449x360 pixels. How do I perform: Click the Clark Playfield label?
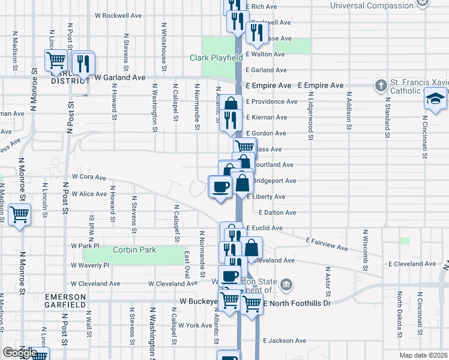click(215, 58)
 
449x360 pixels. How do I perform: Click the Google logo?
click(19, 353)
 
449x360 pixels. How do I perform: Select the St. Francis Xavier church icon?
click(381, 85)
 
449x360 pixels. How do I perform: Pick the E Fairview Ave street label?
click(326, 244)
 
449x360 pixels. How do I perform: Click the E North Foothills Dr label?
click(297, 304)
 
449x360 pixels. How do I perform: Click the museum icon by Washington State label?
click(286, 283)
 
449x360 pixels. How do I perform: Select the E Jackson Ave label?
click(284, 341)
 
